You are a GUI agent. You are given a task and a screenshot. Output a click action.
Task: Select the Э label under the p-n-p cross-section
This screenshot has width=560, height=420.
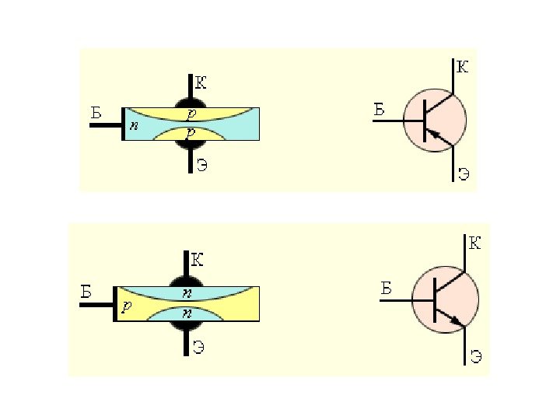pyautogui.click(x=201, y=165)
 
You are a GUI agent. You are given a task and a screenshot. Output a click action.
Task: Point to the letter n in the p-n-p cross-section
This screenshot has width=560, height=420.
pyautogui.click(x=134, y=124)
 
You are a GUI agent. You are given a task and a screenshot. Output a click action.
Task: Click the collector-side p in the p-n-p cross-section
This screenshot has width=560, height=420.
pyautogui.click(x=191, y=114)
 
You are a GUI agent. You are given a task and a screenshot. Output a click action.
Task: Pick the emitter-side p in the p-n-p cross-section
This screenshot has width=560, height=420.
pyautogui.click(x=191, y=134)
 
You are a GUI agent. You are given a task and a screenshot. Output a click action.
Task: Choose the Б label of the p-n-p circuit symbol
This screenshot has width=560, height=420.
pyautogui.click(x=380, y=109)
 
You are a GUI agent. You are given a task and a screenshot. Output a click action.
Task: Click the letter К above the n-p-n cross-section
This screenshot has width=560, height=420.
pyautogui.click(x=198, y=260)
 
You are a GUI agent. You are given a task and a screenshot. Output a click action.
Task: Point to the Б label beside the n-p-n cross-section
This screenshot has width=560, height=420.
pyautogui.click(x=87, y=292)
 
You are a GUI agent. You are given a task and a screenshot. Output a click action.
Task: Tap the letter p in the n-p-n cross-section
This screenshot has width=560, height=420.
pyautogui.click(x=126, y=307)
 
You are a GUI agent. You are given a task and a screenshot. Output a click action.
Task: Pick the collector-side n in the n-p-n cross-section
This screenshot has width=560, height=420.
pyautogui.click(x=187, y=293)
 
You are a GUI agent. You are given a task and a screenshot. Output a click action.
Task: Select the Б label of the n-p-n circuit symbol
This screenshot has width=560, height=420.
pyautogui.click(x=387, y=289)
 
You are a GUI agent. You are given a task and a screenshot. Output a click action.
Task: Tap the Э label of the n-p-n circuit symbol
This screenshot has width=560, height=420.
pyautogui.click(x=476, y=357)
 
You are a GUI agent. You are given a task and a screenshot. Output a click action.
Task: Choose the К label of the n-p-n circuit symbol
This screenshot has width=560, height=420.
pyautogui.click(x=474, y=244)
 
